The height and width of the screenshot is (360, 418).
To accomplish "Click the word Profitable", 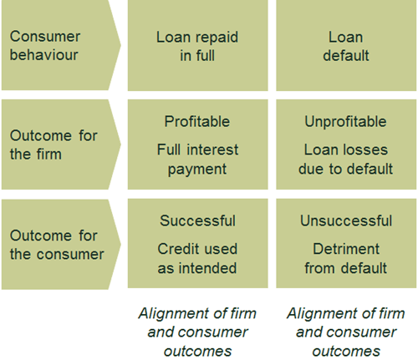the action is pos(197,121).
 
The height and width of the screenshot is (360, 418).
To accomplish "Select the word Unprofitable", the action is pos(345,121).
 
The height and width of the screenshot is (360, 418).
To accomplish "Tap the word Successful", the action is pos(197,221).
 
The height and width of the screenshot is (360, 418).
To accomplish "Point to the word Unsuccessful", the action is pos(346,221).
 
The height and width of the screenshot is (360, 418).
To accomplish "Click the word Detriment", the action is pos(346,249).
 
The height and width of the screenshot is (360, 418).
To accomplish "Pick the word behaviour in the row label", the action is pos(43,54).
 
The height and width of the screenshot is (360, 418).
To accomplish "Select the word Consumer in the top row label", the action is pos(45,37).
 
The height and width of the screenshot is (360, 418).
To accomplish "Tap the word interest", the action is pos(212,150).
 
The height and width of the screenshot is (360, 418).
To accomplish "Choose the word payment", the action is pos(197,170).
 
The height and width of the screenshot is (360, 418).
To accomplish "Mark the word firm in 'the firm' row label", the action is pos(47,154).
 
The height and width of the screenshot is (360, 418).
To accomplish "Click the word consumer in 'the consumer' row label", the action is pos(70,254).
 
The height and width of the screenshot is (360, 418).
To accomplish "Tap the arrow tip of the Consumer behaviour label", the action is pos(121,45).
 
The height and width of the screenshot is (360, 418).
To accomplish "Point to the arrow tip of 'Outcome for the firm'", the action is pos(121,145).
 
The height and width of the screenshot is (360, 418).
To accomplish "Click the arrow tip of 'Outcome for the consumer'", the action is pos(121,244).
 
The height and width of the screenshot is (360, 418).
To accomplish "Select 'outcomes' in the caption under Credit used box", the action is pos(197,351).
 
